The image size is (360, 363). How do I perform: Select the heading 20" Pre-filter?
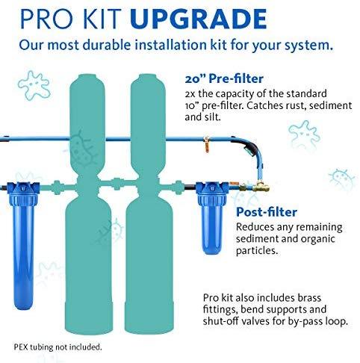coord(224,79)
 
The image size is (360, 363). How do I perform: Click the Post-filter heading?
coord(267,212)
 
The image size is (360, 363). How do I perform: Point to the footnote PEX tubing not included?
coord(58,347)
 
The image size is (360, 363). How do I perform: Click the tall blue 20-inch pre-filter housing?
coord(23,245)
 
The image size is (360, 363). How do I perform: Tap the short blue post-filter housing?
coord(212,218)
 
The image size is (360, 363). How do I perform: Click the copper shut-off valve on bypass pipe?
coord(207,144)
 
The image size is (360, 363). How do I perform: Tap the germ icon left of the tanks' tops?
coord(34,85)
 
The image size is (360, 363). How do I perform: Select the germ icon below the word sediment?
coord(304,136)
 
